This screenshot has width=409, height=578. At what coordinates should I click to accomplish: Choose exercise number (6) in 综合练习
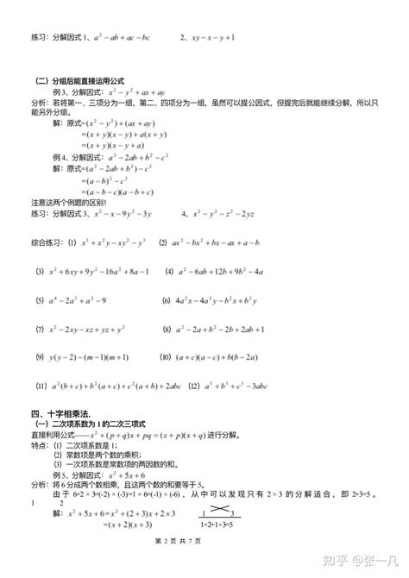[x=167, y=301]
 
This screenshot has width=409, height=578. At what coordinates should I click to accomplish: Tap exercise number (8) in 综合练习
[x=167, y=330]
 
